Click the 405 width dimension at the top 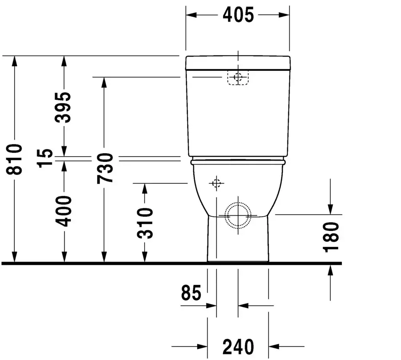coord(238,15)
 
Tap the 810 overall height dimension coord(14,159)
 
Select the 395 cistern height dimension coord(63,107)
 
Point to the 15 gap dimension coord(45,158)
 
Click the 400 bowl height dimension coord(63,211)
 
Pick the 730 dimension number coord(105,168)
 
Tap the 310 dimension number coord(145,224)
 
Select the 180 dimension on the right coord(331,237)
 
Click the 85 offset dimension coord(191,293)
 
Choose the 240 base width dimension coord(238,347)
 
